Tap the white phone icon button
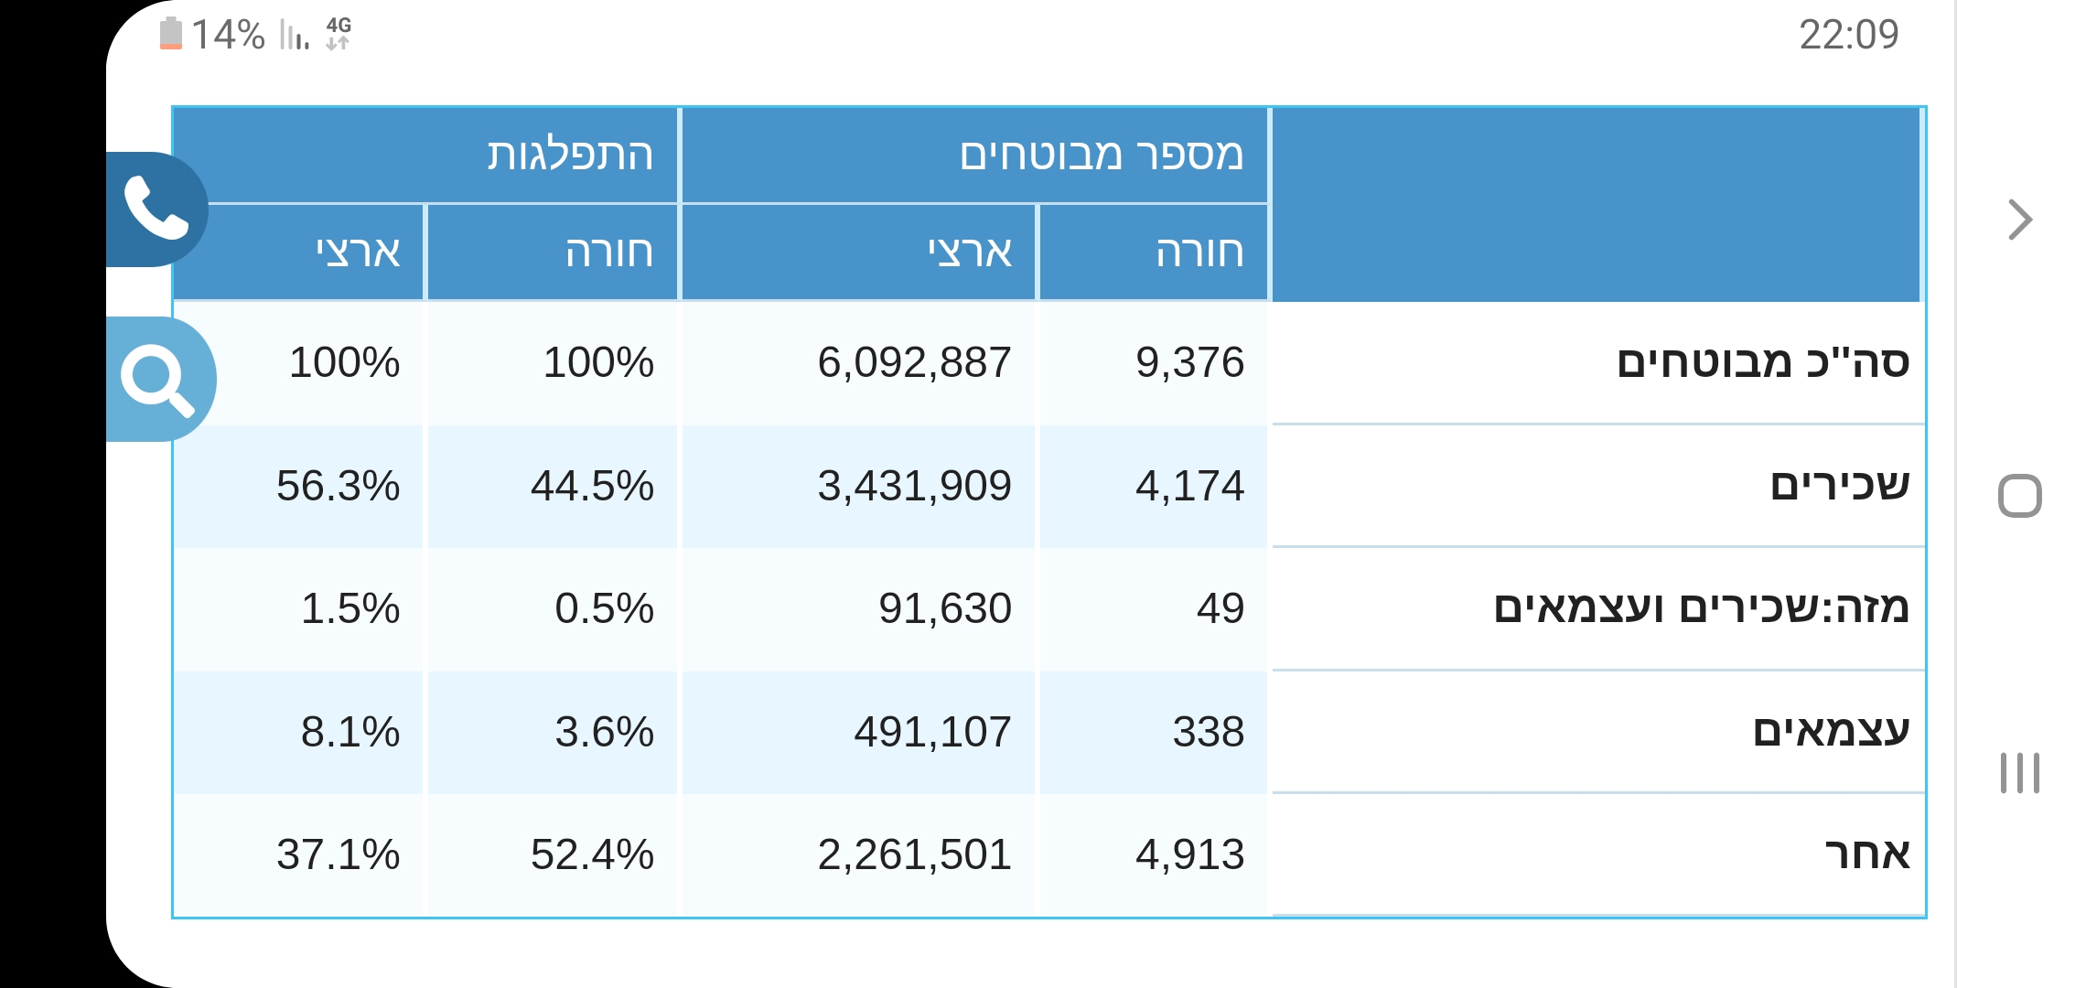click(156, 208)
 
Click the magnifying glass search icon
click(157, 379)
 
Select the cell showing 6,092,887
click(914, 362)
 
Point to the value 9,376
click(1189, 362)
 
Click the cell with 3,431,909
click(914, 486)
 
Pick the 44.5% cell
click(592, 486)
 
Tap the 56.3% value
click(338, 486)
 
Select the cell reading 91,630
click(945, 608)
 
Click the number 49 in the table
click(1220, 608)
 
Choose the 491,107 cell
click(932, 732)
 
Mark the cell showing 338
click(1209, 732)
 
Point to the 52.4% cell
click(592, 854)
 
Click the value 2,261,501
click(914, 854)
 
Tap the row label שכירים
click(1840, 484)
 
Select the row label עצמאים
click(1831, 730)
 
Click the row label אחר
click(1867, 854)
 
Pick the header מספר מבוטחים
click(1102, 154)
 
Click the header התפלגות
click(570, 154)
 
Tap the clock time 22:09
click(1848, 35)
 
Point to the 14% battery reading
click(228, 35)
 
